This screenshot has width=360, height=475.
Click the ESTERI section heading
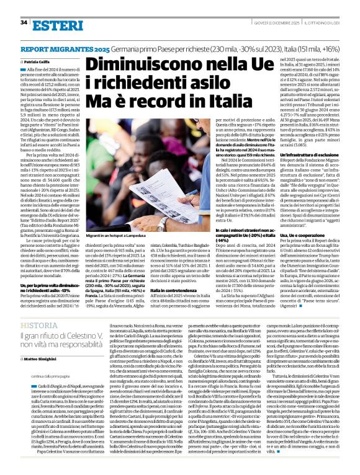click(x=54, y=24)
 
